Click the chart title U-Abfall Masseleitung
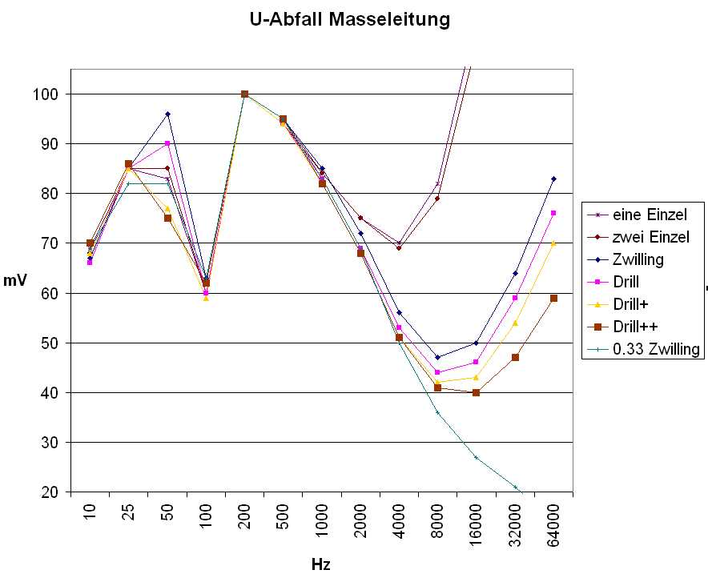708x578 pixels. pyautogui.click(x=350, y=19)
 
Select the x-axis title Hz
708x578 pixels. pyautogui.click(x=320, y=564)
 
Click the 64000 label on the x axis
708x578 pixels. pyautogui.click(x=554, y=524)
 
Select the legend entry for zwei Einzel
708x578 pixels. pyautogui.click(x=651, y=237)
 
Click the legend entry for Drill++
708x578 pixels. pyautogui.click(x=638, y=327)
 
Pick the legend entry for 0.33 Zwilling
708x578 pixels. pyautogui.click(x=656, y=349)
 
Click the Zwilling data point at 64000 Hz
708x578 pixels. pyautogui.click(x=553, y=179)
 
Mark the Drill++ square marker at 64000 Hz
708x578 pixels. pyautogui.click(x=553, y=298)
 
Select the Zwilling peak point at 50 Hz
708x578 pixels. pyautogui.click(x=167, y=114)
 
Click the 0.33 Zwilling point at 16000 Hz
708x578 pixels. pyautogui.click(x=476, y=457)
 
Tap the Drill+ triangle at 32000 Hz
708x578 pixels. pyautogui.click(x=515, y=323)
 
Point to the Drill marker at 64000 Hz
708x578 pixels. pyautogui.click(x=553, y=213)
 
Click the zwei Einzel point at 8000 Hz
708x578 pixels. pyautogui.click(x=437, y=199)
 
